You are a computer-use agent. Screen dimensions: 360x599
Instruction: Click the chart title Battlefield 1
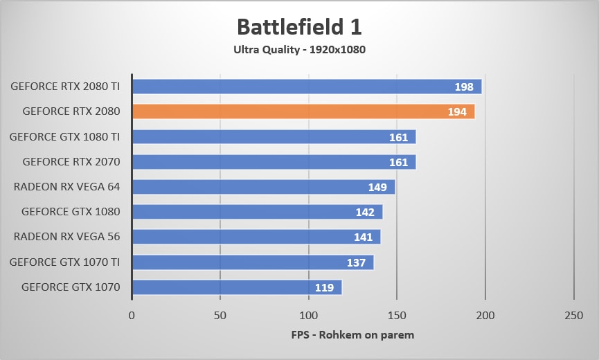point(299,27)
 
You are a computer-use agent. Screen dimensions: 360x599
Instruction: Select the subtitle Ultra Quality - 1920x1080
point(299,49)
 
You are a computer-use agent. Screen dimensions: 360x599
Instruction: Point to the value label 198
point(464,87)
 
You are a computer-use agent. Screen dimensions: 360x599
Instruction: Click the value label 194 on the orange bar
point(457,111)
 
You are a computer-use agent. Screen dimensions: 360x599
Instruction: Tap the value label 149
point(377,187)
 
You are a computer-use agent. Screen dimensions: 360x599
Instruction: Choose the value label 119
point(324,287)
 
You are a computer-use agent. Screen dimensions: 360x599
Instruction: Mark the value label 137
point(356,262)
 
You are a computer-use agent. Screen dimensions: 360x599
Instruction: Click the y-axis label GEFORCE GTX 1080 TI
point(65,137)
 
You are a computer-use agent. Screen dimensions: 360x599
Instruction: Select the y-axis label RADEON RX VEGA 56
point(67,237)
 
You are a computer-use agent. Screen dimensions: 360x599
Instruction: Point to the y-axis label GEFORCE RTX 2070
point(71,162)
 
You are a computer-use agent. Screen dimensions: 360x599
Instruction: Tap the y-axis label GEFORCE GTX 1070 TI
point(65,262)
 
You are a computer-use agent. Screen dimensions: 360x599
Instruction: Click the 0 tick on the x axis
point(132,315)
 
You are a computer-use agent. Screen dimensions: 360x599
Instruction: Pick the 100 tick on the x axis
point(308,315)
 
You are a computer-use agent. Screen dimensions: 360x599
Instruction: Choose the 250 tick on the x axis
point(573,315)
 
